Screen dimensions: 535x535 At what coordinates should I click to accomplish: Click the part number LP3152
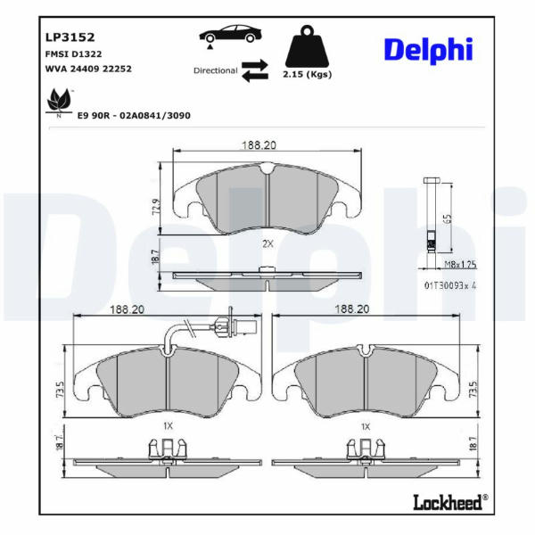click(70, 37)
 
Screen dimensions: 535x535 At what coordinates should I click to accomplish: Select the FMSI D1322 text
click(73, 54)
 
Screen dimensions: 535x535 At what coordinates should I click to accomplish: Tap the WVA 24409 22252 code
click(88, 69)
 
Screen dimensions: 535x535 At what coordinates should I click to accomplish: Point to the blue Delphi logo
click(429, 51)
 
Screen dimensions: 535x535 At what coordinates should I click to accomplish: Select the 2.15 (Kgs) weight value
click(307, 74)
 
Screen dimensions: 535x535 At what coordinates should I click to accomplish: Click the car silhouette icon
click(231, 35)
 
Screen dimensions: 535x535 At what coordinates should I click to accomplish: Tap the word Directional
click(215, 70)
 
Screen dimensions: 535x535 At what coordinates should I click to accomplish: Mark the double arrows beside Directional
click(255, 70)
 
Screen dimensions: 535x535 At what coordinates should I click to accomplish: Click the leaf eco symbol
click(60, 102)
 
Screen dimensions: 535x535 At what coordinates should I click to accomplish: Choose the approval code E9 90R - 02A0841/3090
click(134, 116)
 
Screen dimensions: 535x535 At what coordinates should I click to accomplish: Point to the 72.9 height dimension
click(157, 206)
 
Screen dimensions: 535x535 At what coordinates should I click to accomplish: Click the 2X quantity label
click(267, 244)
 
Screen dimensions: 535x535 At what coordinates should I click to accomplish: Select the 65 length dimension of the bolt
click(449, 218)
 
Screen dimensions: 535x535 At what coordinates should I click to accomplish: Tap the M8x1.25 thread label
click(461, 265)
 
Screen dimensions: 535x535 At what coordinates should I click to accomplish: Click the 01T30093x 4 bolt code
click(450, 285)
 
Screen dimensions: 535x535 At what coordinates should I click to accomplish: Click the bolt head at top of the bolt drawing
click(432, 180)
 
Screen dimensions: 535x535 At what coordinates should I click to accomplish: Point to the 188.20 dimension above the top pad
click(259, 145)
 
